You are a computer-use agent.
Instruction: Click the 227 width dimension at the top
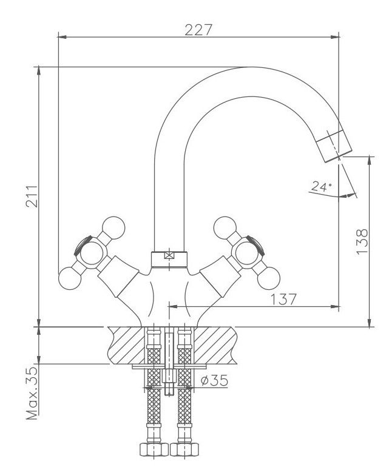click(x=201, y=29)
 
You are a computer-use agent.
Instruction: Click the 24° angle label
click(x=321, y=187)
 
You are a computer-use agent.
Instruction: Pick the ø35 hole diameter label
click(x=212, y=380)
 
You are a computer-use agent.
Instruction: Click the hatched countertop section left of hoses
click(x=124, y=345)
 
